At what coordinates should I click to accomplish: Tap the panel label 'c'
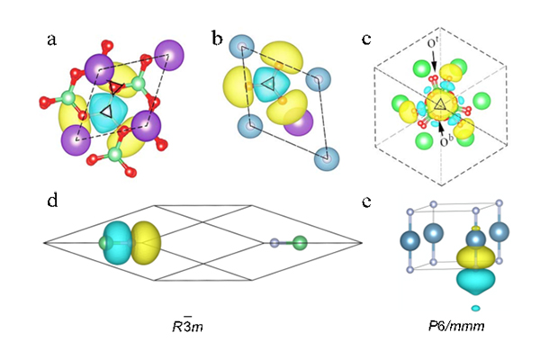(x=364, y=40)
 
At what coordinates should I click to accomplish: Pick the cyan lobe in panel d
(x=119, y=241)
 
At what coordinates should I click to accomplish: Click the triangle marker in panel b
(x=267, y=85)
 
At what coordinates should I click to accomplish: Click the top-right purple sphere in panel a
(x=168, y=50)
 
